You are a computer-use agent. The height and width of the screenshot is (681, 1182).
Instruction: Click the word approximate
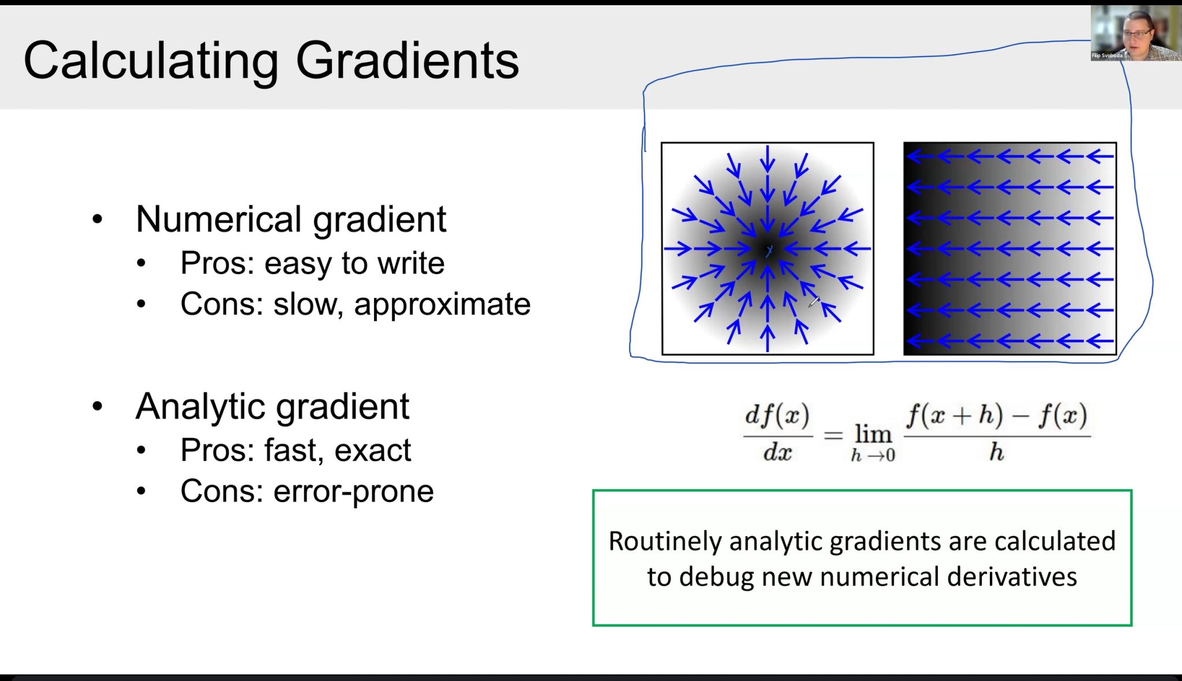pyautogui.click(x=442, y=305)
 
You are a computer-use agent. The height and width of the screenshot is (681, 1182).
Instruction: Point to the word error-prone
pyautogui.click(x=353, y=492)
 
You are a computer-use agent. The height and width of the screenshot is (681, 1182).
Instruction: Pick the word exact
pyautogui.click(x=373, y=450)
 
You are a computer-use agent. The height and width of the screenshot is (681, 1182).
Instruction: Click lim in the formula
pyautogui.click(x=873, y=433)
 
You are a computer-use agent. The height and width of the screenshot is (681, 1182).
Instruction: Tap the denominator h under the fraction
pyautogui.click(x=997, y=452)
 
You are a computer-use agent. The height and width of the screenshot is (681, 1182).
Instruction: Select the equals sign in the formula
pyautogui.click(x=833, y=435)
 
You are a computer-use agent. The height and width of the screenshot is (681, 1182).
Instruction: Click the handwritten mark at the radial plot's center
pyautogui.click(x=769, y=251)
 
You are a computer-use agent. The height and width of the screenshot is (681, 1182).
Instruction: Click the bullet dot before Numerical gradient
pyautogui.click(x=98, y=220)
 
